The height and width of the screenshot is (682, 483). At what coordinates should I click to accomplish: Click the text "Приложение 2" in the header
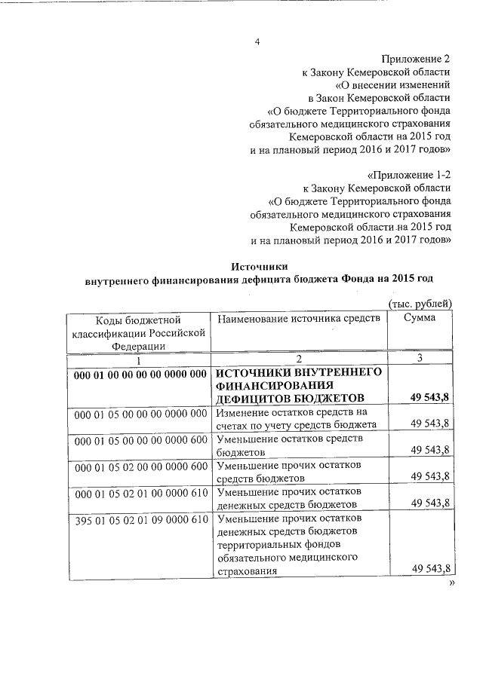click(417, 58)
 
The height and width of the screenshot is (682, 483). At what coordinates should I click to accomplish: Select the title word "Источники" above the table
click(259, 266)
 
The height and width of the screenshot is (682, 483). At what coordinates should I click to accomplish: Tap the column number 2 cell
click(300, 359)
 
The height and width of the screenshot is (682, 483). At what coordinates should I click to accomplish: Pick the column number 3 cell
click(420, 359)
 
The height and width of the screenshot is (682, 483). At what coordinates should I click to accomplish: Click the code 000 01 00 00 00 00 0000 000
click(141, 374)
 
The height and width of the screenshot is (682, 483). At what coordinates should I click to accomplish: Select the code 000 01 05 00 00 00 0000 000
click(141, 413)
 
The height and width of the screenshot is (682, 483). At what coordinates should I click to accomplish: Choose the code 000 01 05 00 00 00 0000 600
click(141, 439)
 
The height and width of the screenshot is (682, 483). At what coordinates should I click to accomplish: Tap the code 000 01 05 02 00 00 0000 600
click(141, 466)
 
